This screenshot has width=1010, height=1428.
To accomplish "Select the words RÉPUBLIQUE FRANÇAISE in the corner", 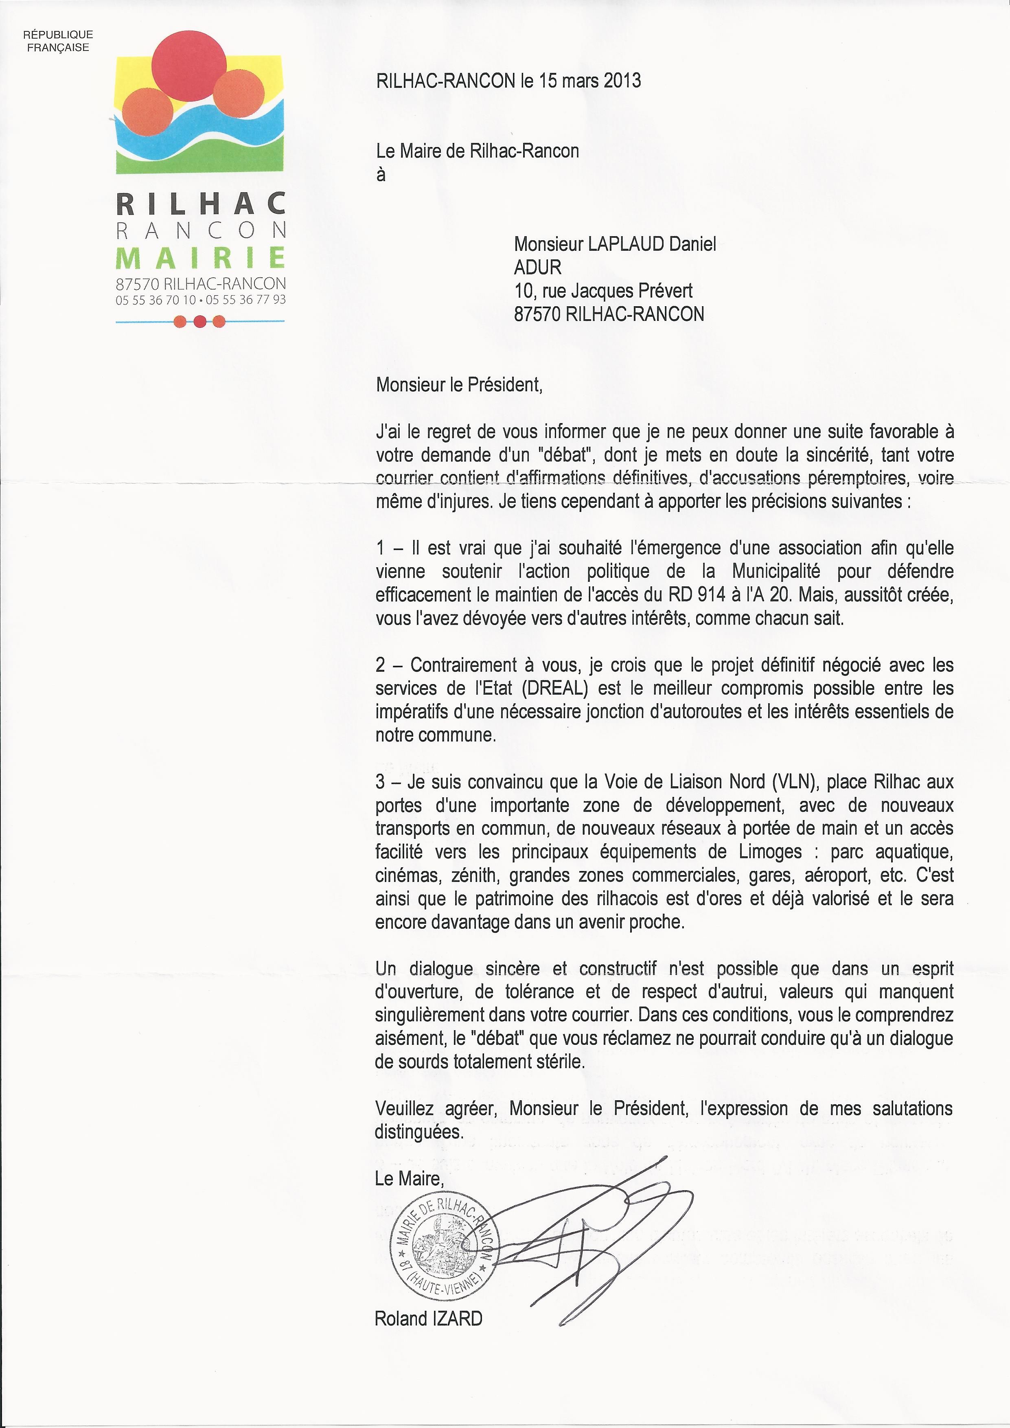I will point(58,41).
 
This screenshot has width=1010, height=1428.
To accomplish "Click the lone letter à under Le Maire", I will point(381,175).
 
